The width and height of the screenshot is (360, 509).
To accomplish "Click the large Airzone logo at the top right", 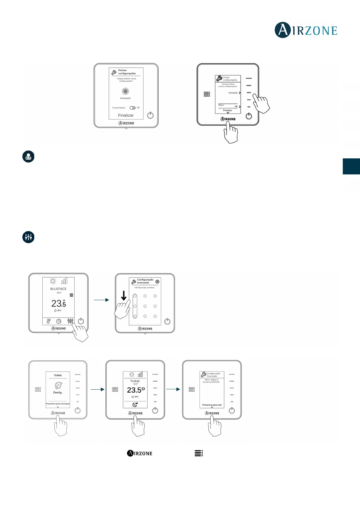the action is point(306,30).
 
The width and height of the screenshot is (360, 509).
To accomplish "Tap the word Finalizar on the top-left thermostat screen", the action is point(126,115).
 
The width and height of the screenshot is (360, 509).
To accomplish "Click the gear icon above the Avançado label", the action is point(125,91).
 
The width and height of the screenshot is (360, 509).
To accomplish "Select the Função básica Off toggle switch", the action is point(132,108).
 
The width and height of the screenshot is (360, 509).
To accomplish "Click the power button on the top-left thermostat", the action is point(150,115).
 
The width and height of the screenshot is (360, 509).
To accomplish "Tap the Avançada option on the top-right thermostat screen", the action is point(233,93).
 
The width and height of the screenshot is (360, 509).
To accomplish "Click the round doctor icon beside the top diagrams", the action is point(28,157).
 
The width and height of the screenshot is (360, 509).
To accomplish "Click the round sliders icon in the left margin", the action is point(28,237).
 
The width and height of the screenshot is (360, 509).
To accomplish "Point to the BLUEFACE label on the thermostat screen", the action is point(58,289).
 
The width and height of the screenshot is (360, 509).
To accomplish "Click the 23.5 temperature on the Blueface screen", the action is point(59,303).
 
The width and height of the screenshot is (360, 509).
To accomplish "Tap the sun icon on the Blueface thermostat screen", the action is point(53,281).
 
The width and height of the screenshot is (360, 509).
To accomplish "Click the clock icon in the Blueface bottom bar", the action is point(59,321).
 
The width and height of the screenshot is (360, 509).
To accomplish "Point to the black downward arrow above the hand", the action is point(124,295).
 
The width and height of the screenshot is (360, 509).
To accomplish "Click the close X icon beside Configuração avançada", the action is point(157,281).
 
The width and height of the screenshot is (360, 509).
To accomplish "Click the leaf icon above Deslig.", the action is point(58,385).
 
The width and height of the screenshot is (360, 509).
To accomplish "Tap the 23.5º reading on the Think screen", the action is point(136,390).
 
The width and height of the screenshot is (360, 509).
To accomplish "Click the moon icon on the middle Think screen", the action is point(135,404).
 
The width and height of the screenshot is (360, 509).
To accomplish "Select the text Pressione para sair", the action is point(212,405).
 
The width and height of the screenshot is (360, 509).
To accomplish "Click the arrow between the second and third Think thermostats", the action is point(173,389).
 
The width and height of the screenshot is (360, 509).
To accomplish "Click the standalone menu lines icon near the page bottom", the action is point(199,453).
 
